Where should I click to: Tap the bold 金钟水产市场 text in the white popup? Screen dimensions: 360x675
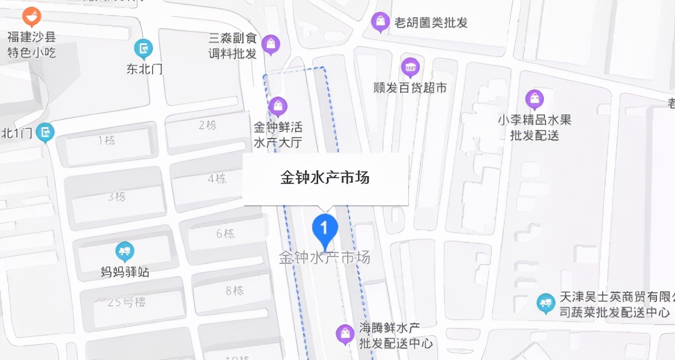click(325, 178)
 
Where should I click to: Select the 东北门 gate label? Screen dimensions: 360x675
click(144, 69)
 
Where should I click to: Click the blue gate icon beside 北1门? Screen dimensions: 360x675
click(45, 133)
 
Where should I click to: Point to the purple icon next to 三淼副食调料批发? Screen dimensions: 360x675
click(271, 44)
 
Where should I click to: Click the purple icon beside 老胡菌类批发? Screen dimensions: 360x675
click(380, 22)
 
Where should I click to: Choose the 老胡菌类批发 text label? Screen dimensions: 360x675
click(431, 23)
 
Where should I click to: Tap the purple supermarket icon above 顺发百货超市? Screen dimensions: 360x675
click(410, 68)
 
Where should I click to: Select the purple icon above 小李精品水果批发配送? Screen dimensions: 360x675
click(535, 99)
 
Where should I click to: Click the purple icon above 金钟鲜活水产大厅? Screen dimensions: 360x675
click(278, 106)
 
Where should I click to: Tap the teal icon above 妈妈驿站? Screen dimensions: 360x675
click(125, 251)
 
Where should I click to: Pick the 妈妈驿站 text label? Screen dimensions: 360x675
click(125, 272)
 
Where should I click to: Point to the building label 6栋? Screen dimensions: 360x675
click(225, 233)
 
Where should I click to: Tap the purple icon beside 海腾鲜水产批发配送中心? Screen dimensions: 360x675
click(345, 334)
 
